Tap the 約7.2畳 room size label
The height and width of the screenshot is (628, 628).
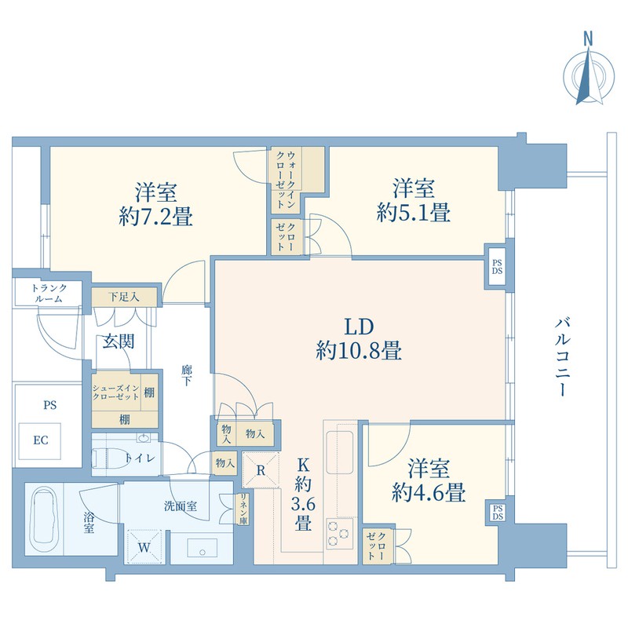click(155, 217)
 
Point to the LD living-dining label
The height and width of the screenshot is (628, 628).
click(360, 327)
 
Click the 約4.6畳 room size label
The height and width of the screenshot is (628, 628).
click(428, 493)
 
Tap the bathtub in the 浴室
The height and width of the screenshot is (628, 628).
click(44, 520)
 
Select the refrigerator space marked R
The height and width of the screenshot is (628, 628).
click(261, 469)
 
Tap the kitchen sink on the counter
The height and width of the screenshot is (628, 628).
click(340, 451)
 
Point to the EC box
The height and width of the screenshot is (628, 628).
click(41, 441)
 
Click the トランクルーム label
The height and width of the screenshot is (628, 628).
click(49, 293)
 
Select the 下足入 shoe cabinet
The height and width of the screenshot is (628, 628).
click(124, 298)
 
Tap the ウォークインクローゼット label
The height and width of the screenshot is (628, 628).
click(286, 180)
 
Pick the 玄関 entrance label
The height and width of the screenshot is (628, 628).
click(119, 341)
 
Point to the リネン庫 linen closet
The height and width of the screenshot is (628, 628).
click(243, 508)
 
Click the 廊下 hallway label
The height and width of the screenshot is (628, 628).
click(187, 375)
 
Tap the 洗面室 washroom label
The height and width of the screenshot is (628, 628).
click(181, 506)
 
